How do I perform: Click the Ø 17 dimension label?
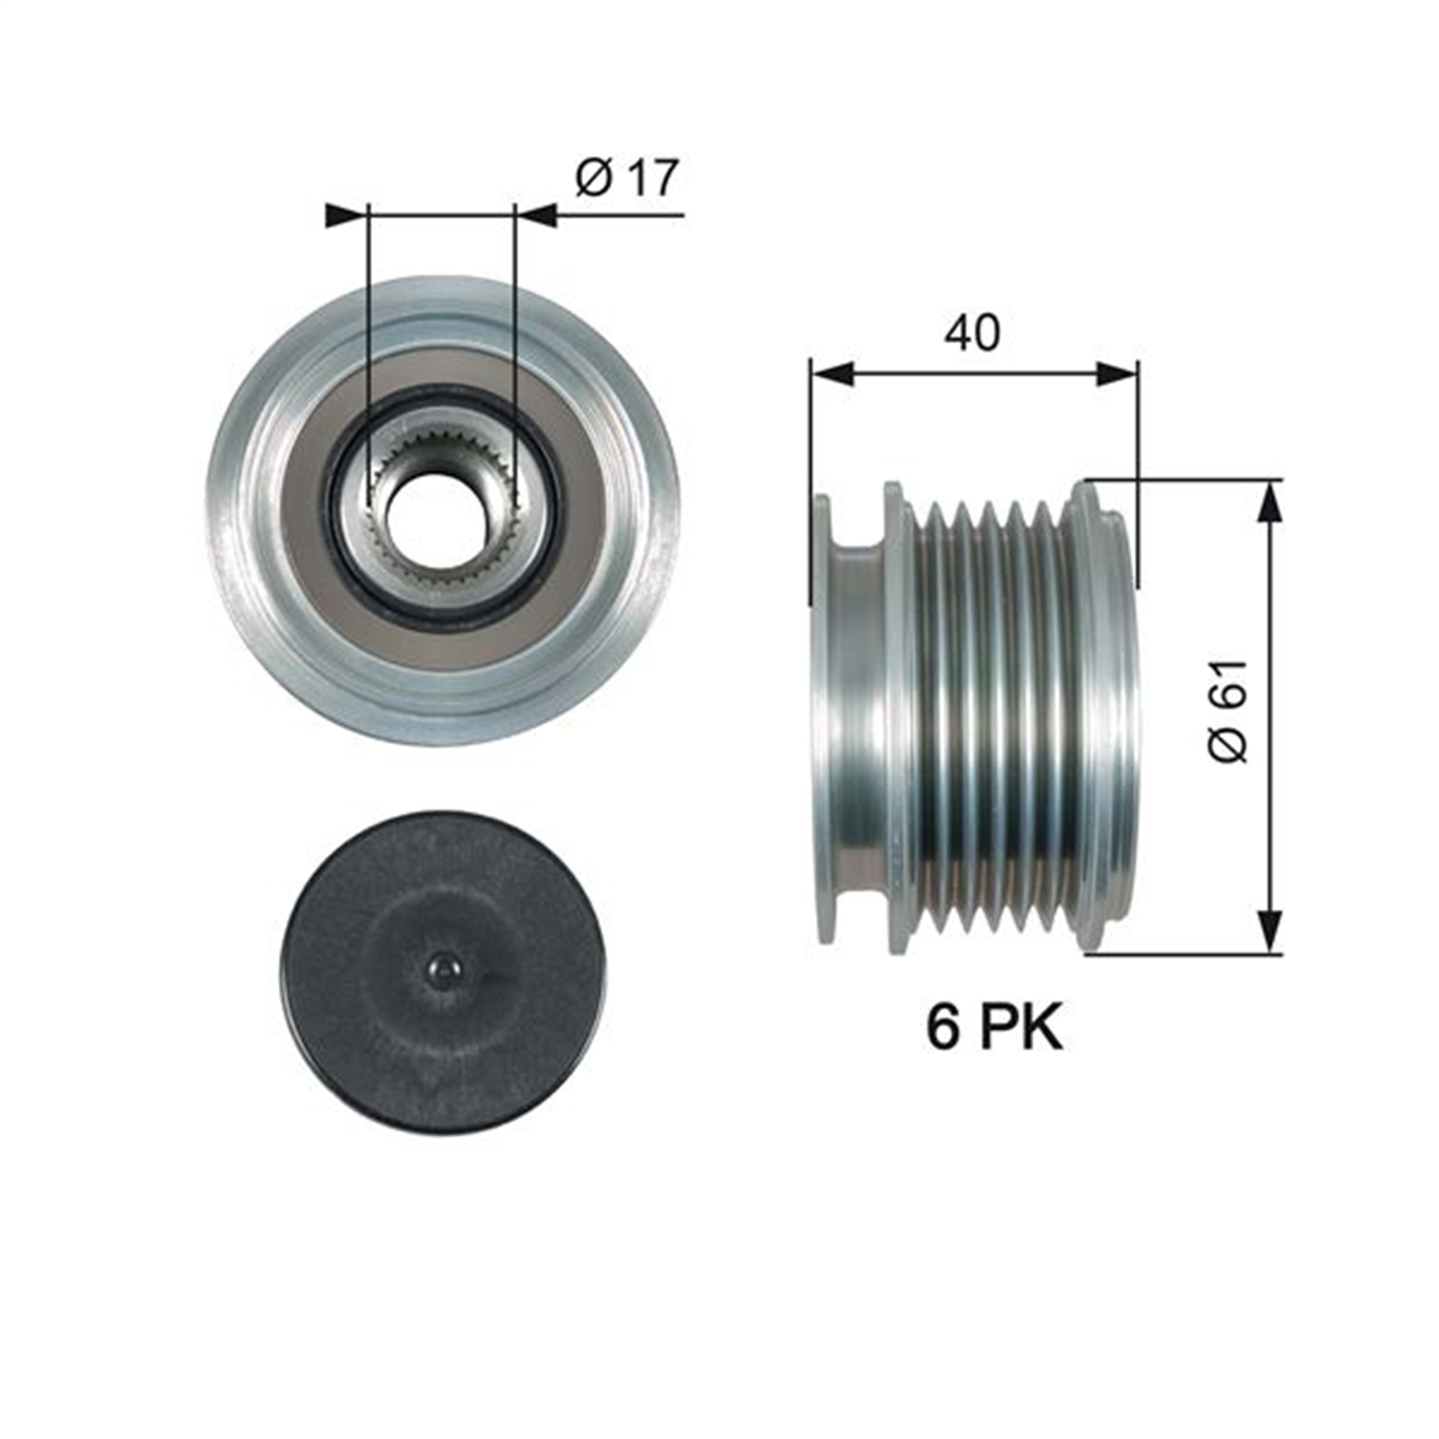pos(627,177)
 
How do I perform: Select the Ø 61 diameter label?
pos(1227,711)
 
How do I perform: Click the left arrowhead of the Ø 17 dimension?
pos(347,214)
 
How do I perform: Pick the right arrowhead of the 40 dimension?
pos(1117,373)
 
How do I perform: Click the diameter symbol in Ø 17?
pos(594,178)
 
